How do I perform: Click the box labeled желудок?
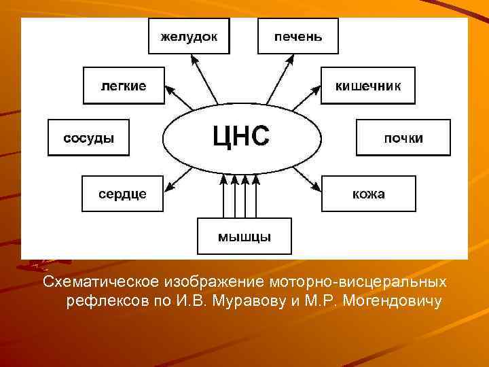(189, 36)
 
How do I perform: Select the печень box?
(298, 36)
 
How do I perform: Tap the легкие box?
(124, 86)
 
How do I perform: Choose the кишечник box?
(367, 86)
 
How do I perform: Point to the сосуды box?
(88, 138)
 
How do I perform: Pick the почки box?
(403, 138)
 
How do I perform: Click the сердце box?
(122, 194)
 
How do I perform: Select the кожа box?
(367, 194)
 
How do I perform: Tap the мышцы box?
(244, 236)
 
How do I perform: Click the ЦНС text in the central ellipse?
(241, 135)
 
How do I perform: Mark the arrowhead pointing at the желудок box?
(195, 60)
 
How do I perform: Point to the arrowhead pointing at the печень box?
(293, 60)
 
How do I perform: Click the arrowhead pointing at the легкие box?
(169, 90)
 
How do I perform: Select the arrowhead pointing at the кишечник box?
(316, 88)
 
